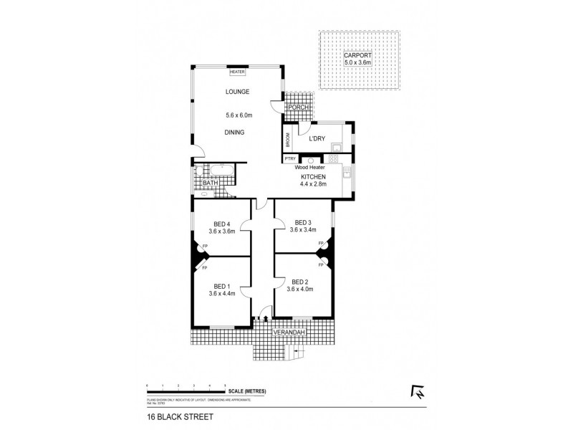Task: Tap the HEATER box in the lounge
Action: pyautogui.click(x=236, y=72)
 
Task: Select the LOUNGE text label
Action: pyautogui.click(x=236, y=92)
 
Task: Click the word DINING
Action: pyautogui.click(x=234, y=132)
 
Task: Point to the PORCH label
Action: pyautogui.click(x=298, y=107)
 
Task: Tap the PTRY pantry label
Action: pyautogui.click(x=290, y=158)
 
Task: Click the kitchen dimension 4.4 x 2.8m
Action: pyautogui.click(x=313, y=184)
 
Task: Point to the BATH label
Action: pyautogui.click(x=209, y=183)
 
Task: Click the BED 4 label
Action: pyautogui.click(x=222, y=223)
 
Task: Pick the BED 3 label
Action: pyautogui.click(x=302, y=222)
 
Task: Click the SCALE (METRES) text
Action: pyautogui.click(x=247, y=391)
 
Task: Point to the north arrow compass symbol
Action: pyautogui.click(x=415, y=391)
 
